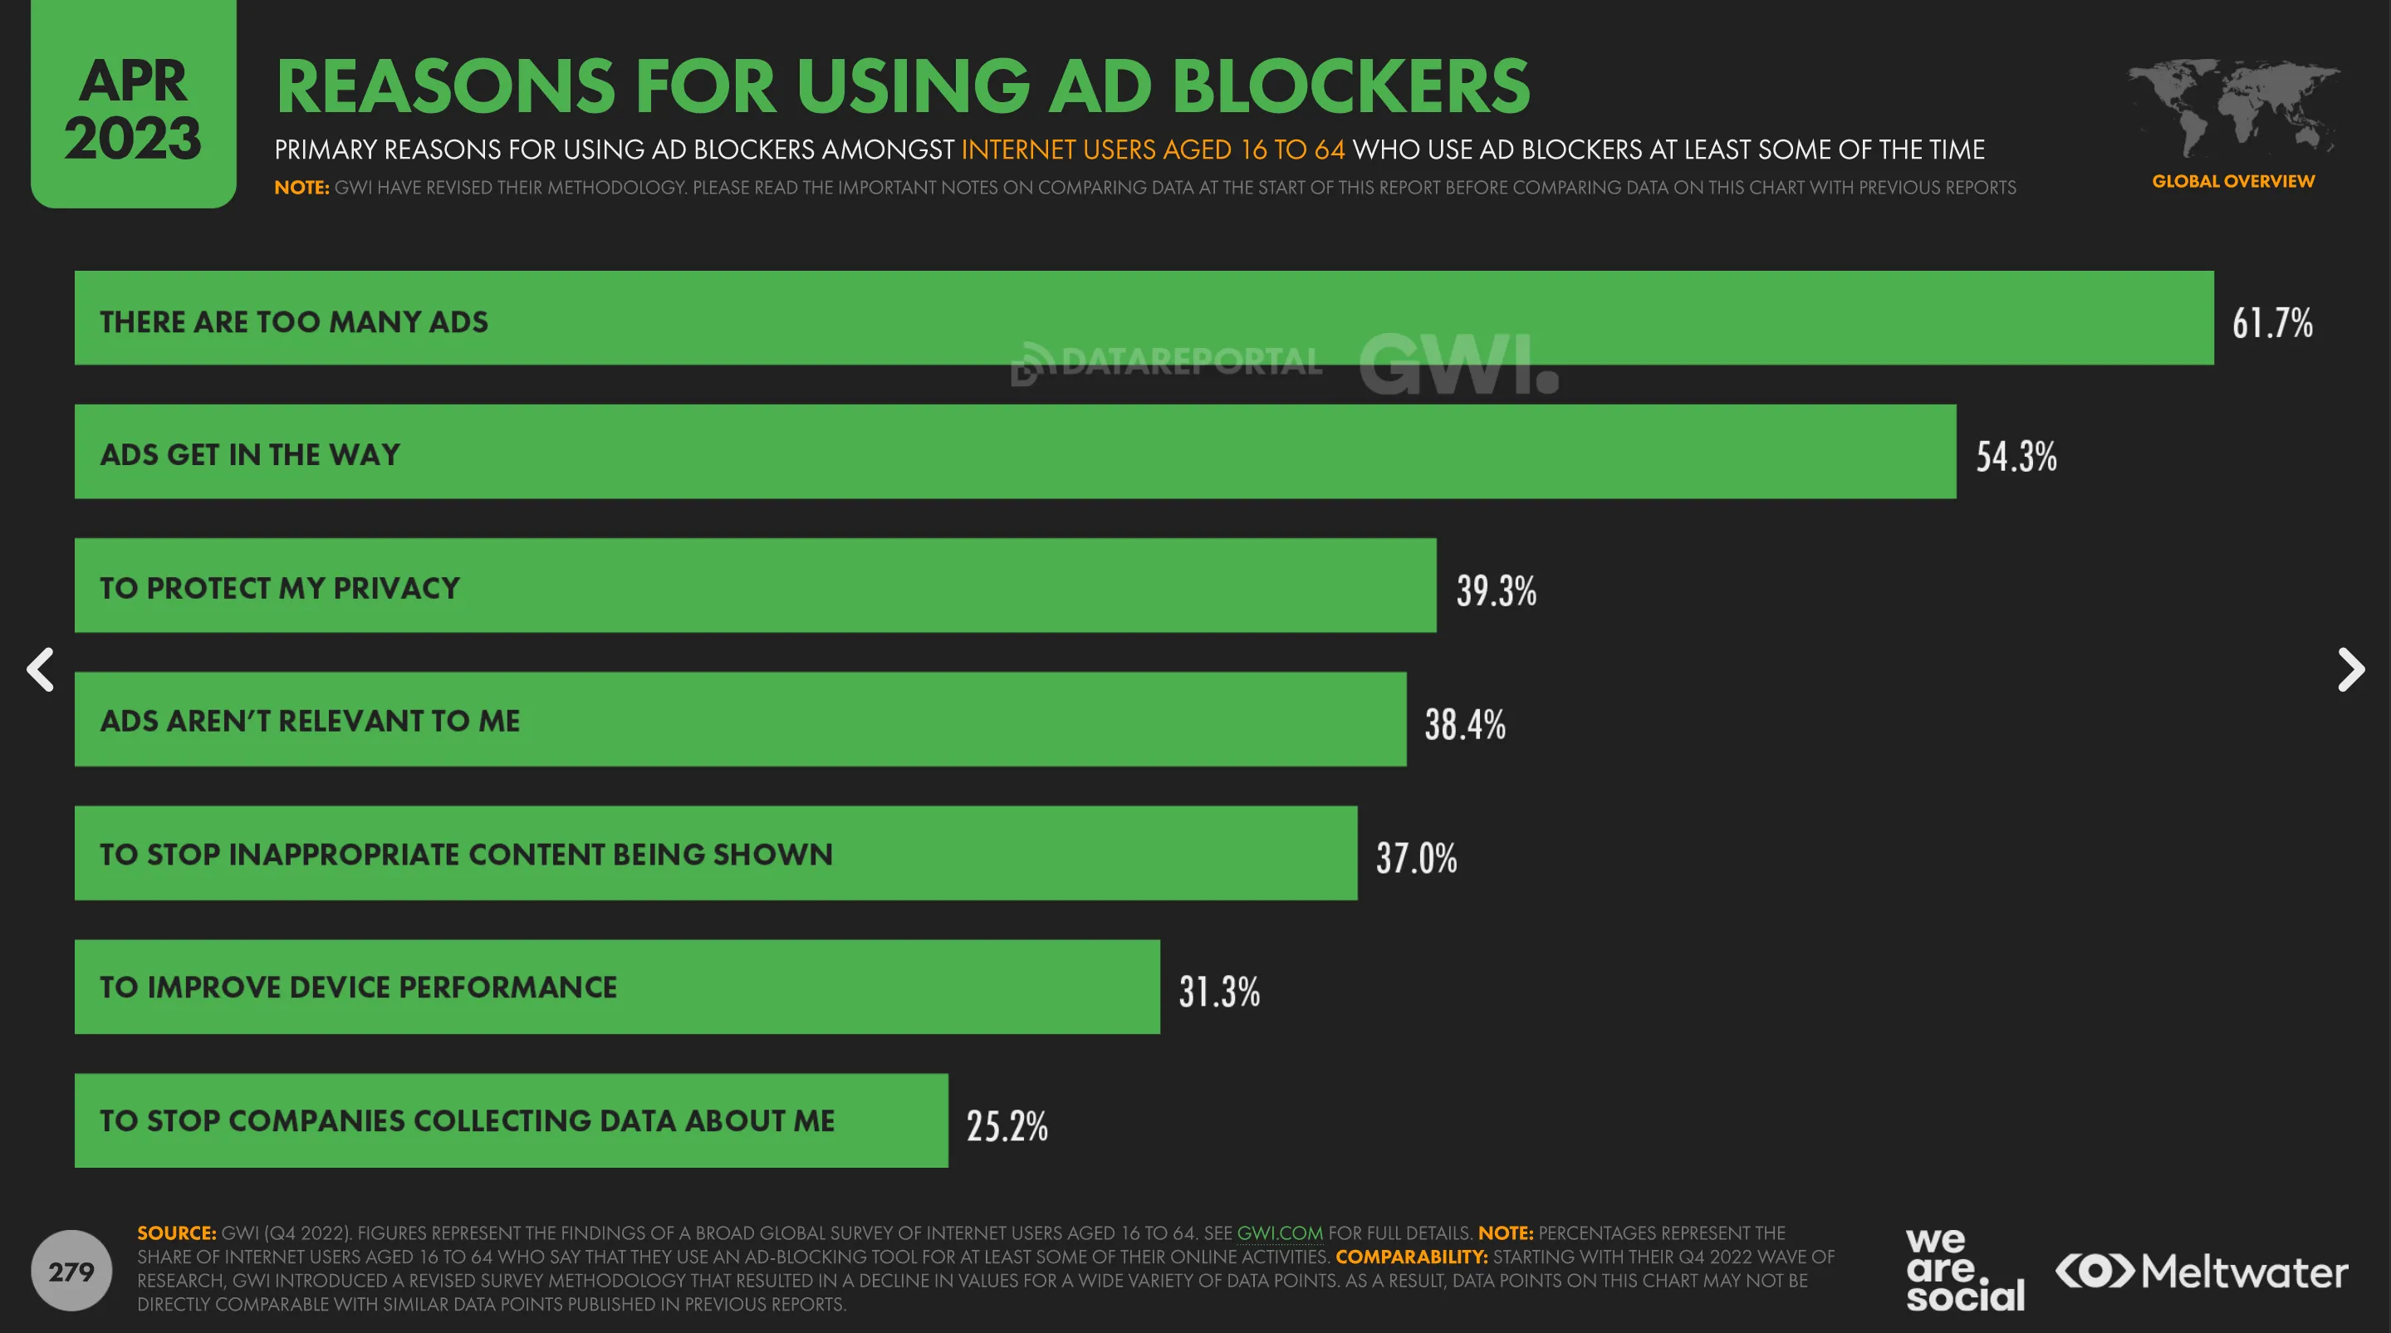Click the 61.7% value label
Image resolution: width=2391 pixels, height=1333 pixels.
click(2271, 323)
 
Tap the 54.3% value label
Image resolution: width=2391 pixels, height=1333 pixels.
click(2015, 457)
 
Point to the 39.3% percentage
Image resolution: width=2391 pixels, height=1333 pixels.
click(1495, 591)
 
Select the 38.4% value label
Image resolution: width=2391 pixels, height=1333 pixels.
click(1465, 724)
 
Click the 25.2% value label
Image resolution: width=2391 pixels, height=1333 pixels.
click(1007, 1126)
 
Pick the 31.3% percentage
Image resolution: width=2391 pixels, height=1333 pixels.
click(1218, 992)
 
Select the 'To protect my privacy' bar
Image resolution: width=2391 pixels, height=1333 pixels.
click(755, 586)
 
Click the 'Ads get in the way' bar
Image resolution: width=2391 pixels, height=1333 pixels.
click(1015, 452)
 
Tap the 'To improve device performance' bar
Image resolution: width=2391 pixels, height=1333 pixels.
click(616, 987)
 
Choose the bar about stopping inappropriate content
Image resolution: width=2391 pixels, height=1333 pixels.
click(715, 853)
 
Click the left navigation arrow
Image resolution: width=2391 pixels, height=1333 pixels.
click(40, 669)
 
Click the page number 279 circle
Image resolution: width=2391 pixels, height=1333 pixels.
click(71, 1271)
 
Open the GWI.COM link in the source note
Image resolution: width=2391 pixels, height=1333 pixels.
click(1279, 1233)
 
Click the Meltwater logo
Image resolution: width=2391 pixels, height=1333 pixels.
click(2202, 1271)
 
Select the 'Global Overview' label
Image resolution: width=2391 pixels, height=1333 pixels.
click(2232, 181)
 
